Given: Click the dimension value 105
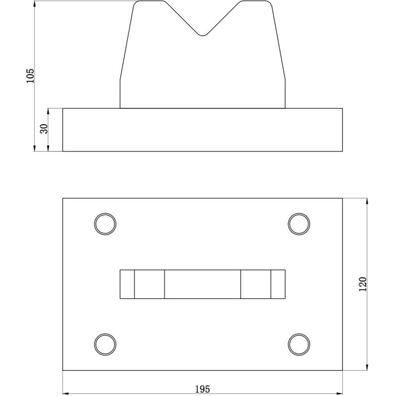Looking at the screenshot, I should point(30,75).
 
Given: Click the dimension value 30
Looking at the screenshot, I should point(44,129).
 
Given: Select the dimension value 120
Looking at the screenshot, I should point(362,284).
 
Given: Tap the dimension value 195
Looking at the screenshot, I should point(202,389).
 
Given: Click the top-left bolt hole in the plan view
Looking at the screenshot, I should point(105,224).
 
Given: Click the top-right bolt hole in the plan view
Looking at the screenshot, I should point(299,224).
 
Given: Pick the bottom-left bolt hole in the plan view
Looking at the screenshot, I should point(105,344).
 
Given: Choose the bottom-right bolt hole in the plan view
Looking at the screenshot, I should point(299,344).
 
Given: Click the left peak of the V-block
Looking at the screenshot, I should point(149,2).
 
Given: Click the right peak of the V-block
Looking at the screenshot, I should point(256,2).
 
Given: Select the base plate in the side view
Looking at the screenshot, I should point(202,130).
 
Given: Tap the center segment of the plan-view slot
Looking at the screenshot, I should point(202,284).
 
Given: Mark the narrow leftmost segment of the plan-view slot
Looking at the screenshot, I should point(127,284).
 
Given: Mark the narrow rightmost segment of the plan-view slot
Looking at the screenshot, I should point(278,284).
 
